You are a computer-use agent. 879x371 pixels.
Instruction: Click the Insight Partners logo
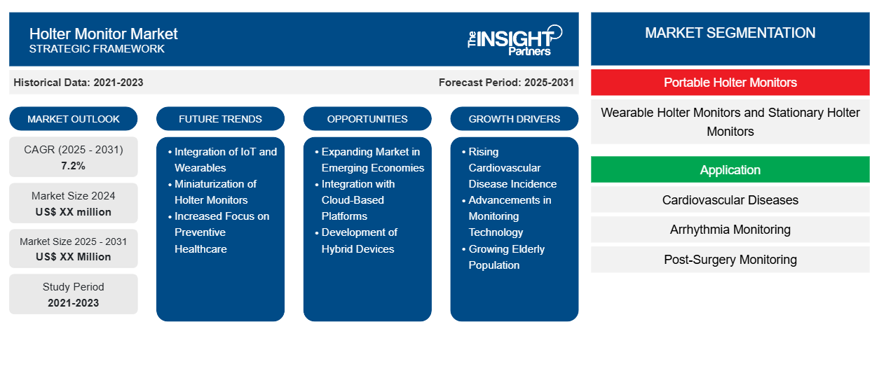click(x=515, y=39)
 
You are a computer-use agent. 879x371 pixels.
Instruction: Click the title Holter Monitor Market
click(x=104, y=34)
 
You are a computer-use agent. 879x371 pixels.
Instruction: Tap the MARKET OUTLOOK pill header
click(x=74, y=119)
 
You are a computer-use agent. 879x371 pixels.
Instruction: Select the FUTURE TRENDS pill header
click(x=220, y=119)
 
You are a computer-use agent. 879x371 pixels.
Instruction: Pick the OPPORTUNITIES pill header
click(x=367, y=119)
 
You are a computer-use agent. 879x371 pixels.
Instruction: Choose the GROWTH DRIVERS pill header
click(x=515, y=119)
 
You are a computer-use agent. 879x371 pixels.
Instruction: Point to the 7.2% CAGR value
click(x=74, y=166)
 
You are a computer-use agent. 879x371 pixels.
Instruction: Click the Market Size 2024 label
click(x=74, y=196)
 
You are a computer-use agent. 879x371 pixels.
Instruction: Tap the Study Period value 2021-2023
click(x=74, y=302)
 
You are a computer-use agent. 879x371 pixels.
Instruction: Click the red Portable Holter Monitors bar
click(x=730, y=83)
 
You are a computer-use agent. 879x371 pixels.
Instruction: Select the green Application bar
click(x=730, y=170)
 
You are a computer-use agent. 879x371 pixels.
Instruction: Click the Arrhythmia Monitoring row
click(x=730, y=230)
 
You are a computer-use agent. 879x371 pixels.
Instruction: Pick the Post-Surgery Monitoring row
click(x=730, y=260)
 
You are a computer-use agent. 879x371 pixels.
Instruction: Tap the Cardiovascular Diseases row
click(x=730, y=200)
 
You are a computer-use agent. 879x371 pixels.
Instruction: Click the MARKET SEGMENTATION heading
click(x=730, y=33)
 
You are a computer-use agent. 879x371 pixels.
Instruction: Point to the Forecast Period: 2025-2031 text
click(x=506, y=83)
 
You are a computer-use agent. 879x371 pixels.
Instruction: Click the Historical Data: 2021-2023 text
click(x=79, y=83)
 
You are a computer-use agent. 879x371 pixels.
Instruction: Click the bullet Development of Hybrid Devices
click(x=359, y=241)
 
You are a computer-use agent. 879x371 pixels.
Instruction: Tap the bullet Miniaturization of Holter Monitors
click(x=215, y=192)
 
